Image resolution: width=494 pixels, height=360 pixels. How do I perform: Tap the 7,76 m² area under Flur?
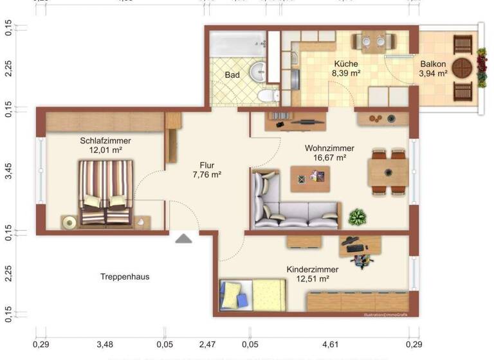[x=207, y=174]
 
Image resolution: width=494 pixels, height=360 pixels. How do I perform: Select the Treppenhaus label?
[x=125, y=277]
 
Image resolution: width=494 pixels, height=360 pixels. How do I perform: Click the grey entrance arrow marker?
[x=184, y=239]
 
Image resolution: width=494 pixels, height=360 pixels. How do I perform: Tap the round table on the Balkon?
[x=464, y=67]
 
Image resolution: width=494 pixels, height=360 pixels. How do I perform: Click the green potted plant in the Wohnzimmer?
[x=357, y=217]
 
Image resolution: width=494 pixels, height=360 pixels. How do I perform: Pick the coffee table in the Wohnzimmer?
[x=310, y=178]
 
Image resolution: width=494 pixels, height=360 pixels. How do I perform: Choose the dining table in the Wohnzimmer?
[x=388, y=172]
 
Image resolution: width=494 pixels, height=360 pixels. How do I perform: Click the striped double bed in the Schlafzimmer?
[x=105, y=192]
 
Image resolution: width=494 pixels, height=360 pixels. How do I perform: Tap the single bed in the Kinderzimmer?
[x=252, y=295]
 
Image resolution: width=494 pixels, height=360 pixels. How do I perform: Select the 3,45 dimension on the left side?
[x=8, y=172]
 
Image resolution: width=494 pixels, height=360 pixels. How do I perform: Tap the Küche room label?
[x=345, y=64]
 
